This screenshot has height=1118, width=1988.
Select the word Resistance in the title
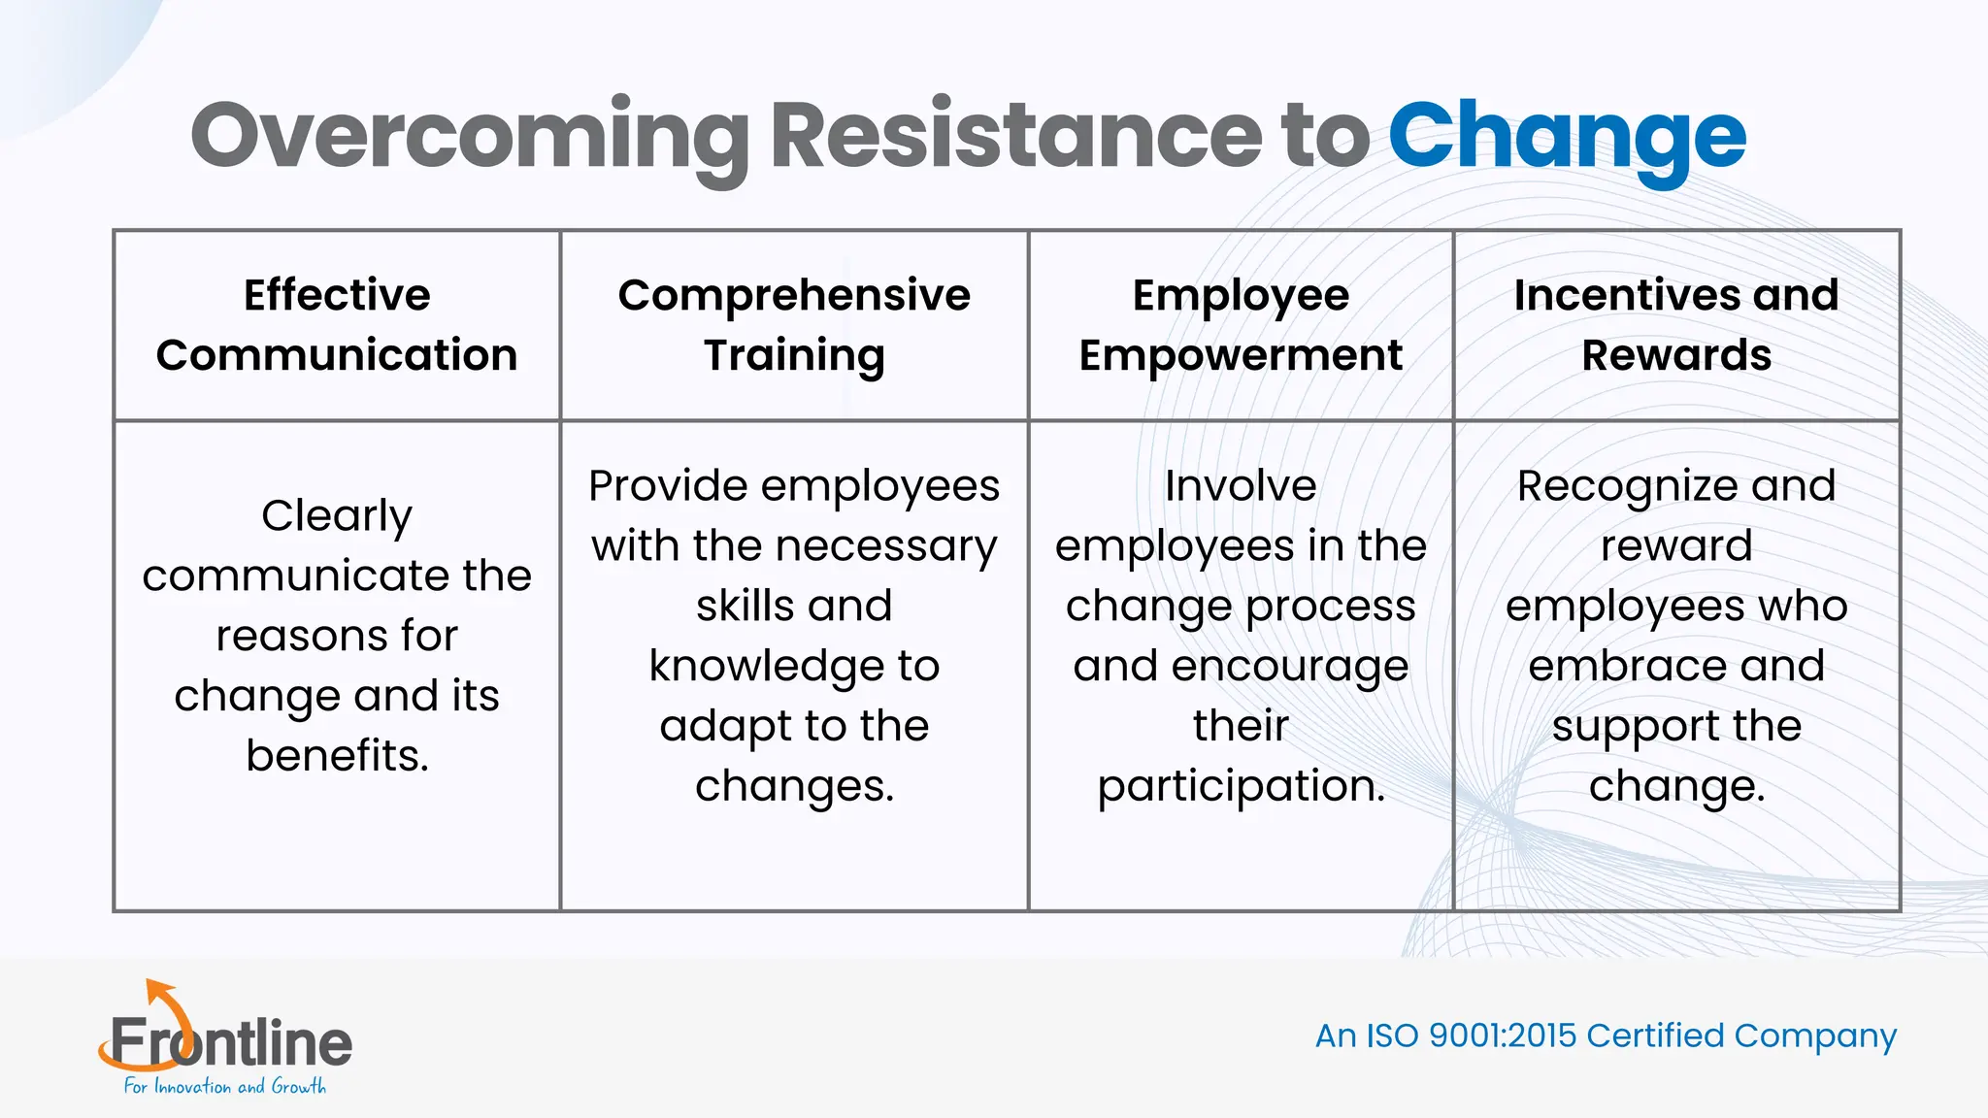pos(1015,136)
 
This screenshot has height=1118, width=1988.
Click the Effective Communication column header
pos(337,325)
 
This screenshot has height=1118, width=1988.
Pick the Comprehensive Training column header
pos(794,325)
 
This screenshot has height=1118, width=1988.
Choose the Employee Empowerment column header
pos(1241,325)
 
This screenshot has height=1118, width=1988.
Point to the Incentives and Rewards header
pos(1676,325)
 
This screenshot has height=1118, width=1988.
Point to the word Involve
pos(1241,486)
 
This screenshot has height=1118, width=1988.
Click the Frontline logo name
pos(231,1043)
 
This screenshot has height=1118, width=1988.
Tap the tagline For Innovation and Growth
pos(225,1087)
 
